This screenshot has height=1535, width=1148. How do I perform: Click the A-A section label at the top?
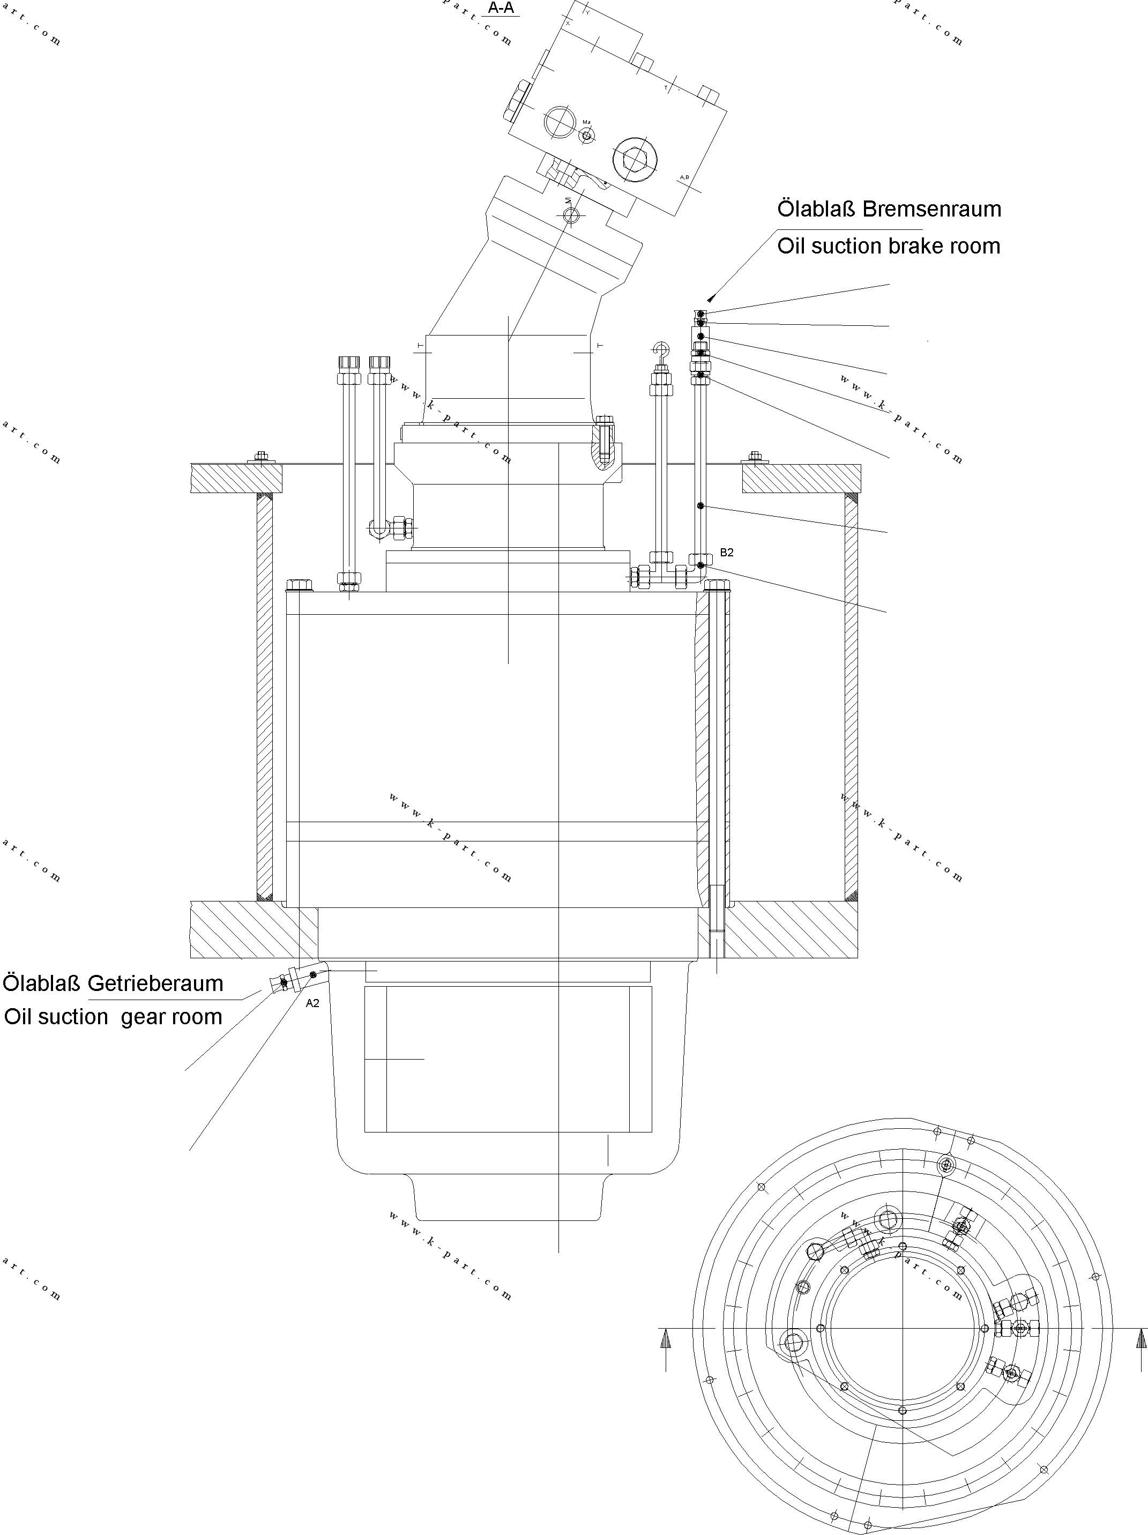pos(501,9)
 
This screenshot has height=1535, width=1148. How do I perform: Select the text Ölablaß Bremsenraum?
pos(889,209)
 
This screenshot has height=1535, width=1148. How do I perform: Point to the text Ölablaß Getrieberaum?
pos(113,983)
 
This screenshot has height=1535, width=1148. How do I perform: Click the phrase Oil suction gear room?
pos(113,1017)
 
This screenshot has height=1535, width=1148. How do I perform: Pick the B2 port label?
pos(726,553)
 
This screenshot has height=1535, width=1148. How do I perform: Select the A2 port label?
pos(312,1003)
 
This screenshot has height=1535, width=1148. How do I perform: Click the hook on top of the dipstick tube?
pos(661,351)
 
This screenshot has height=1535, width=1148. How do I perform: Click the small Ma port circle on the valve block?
pos(586,135)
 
